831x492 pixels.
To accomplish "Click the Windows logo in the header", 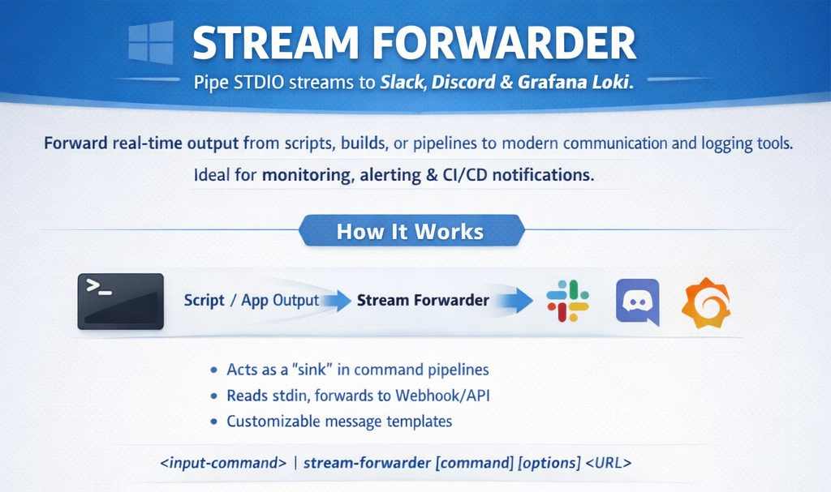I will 151,42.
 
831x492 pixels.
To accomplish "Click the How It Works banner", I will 411,232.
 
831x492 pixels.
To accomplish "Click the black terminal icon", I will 120,301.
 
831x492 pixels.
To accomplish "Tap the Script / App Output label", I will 252,300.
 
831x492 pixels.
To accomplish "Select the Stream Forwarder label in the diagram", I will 423,300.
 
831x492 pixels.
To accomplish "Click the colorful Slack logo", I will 568,301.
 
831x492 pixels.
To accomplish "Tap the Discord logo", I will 637,302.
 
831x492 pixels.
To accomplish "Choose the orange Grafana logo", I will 705,302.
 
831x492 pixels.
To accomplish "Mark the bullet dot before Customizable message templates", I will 213,422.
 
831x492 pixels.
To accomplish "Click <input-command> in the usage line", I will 223,464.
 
